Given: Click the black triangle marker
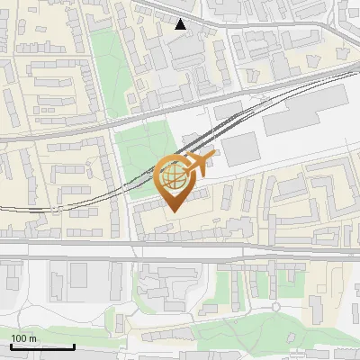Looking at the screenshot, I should point(181,24).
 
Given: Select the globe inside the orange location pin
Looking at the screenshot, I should point(173,175).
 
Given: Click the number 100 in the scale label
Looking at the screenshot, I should point(19,338).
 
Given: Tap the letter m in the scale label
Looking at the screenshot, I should point(32,338).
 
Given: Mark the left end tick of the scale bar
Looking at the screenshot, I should point(11,346).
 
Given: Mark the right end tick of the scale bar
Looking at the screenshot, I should point(74,346).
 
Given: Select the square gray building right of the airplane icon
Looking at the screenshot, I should point(238,148).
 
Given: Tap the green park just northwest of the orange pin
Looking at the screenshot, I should point(144,148).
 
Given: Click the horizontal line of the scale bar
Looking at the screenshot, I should point(42,347).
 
